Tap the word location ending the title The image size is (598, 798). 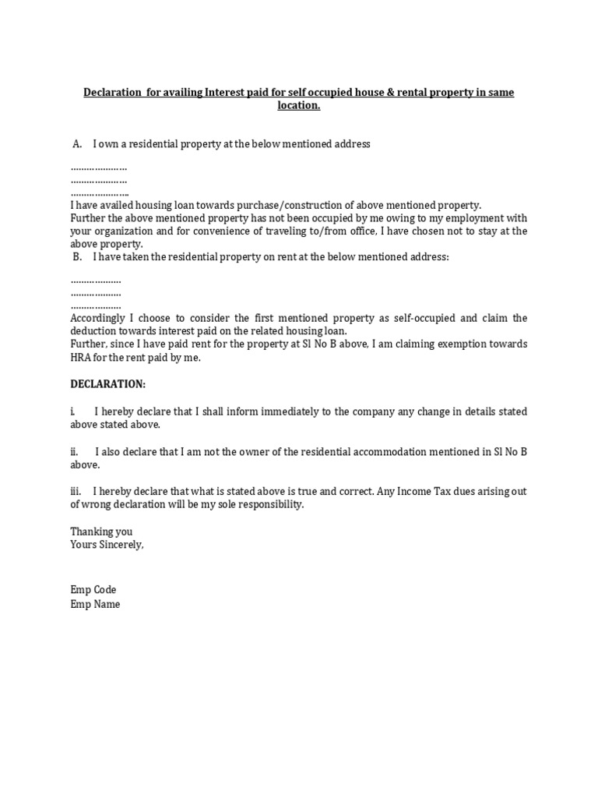(299, 105)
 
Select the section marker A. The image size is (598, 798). (77, 144)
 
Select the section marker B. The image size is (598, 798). (77, 256)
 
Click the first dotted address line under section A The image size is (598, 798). (99, 168)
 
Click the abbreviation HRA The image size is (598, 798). (81, 357)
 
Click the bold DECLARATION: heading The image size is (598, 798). (107, 385)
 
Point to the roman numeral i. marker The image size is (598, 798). (72, 411)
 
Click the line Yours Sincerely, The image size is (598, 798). (107, 545)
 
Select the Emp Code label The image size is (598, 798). (93, 590)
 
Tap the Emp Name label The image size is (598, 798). (95, 604)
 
